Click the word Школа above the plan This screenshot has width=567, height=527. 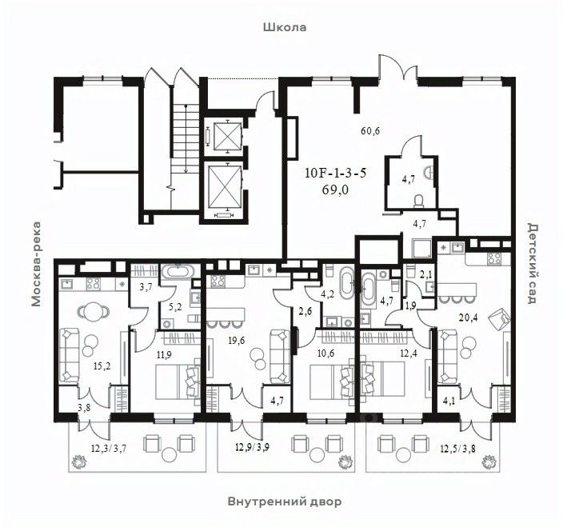tap(285, 27)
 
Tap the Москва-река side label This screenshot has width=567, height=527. tap(36, 265)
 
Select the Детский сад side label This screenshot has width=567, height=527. tap(533, 264)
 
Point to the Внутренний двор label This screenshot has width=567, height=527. tap(285, 501)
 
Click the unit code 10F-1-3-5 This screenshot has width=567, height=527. tap(336, 174)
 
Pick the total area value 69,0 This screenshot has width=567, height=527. tap(335, 190)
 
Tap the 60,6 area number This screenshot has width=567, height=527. tap(370, 131)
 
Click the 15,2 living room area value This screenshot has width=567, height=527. tap(102, 366)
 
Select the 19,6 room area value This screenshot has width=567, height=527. tap(236, 341)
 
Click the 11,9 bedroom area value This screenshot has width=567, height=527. tap(164, 355)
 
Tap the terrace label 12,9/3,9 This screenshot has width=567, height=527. tap(252, 448)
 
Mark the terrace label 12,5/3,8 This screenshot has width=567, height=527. tap(457, 449)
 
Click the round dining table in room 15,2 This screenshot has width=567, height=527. tap(94, 310)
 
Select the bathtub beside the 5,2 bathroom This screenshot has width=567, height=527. tap(178, 272)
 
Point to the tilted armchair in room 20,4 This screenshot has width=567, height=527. tap(498, 318)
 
